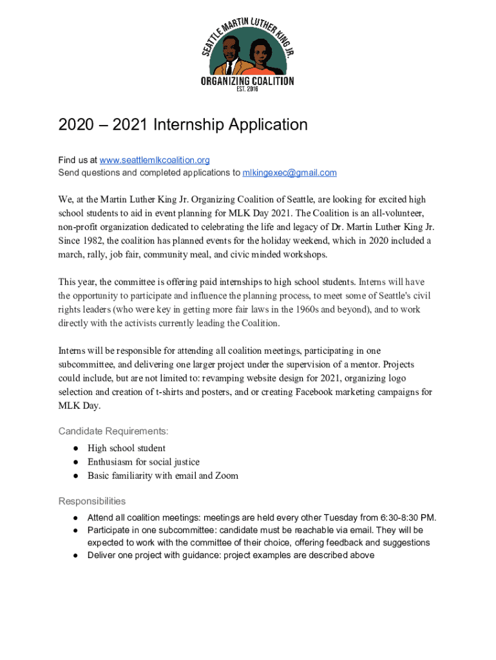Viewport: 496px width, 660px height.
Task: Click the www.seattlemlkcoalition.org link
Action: [x=155, y=160]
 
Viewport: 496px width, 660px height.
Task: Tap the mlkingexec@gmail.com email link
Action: [x=289, y=173]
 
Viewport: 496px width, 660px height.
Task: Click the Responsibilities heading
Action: [x=92, y=501]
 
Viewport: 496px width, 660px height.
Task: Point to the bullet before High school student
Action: [x=75, y=448]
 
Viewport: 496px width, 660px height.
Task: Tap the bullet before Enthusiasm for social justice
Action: [x=75, y=462]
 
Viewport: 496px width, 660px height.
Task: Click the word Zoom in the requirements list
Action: [x=226, y=476]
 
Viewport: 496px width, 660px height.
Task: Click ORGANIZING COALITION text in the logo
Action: [x=248, y=82]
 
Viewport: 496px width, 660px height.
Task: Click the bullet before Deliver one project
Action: [x=75, y=555]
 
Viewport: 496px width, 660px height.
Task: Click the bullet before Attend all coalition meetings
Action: [x=75, y=518]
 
